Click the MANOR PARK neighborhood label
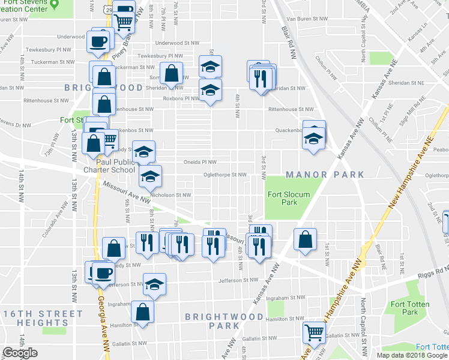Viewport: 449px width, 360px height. pos(325,175)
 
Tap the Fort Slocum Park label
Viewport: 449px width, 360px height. pos(283,198)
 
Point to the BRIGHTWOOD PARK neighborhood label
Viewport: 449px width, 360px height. pos(224,320)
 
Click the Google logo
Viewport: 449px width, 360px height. pos(20,353)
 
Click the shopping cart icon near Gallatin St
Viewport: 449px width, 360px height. pos(314,332)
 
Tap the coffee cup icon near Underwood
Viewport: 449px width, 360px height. pos(99,41)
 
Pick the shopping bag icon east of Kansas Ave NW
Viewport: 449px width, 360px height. pos(306,238)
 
